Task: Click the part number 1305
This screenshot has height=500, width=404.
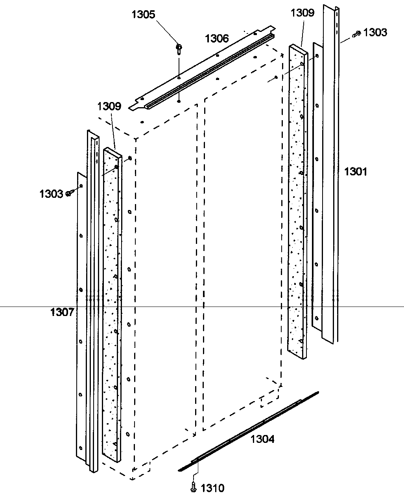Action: [x=143, y=15]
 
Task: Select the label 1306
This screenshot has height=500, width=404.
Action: [x=216, y=38]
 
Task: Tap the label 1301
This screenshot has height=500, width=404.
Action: [x=356, y=171]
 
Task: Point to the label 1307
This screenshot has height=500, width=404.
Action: [x=62, y=312]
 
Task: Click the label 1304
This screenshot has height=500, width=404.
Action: [x=263, y=439]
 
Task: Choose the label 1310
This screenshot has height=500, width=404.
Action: [x=212, y=489]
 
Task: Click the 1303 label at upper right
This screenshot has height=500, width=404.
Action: [x=375, y=32]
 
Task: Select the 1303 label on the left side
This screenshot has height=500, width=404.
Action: [x=51, y=193]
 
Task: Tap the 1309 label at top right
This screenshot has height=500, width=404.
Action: [x=303, y=13]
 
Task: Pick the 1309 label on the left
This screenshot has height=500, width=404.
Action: [x=109, y=106]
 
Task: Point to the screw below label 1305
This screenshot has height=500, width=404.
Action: [x=179, y=48]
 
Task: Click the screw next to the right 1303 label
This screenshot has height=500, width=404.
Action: [x=357, y=35]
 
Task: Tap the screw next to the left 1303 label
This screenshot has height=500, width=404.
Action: [x=69, y=193]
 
